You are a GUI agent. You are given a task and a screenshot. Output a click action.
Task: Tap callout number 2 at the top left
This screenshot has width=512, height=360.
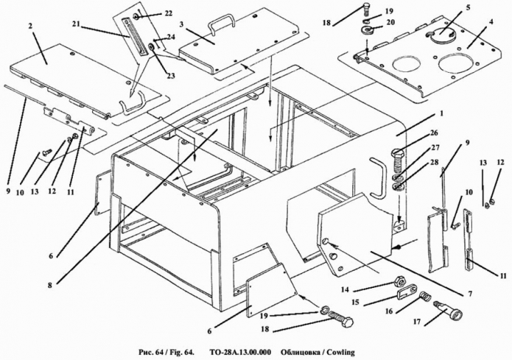tap(32, 27)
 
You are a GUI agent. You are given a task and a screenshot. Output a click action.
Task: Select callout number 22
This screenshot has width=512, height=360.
tap(168, 13)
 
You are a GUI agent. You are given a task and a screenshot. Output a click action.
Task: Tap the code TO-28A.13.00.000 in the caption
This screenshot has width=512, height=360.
tap(235, 352)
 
